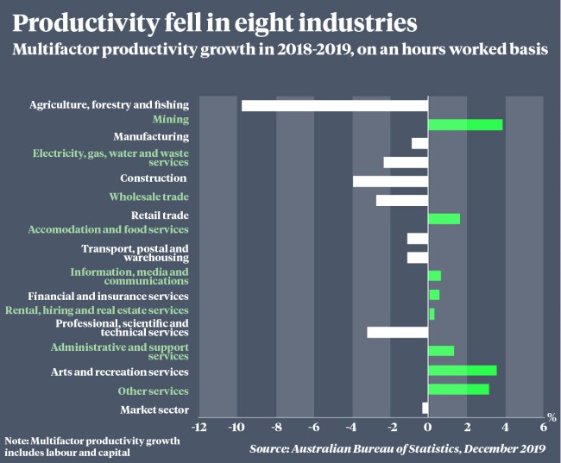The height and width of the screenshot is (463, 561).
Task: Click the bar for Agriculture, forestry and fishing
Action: coord(335,106)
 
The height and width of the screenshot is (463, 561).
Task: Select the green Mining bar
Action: coord(465,125)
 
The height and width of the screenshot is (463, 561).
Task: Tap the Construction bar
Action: coord(390,181)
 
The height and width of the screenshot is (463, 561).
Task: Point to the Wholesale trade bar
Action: coord(402,200)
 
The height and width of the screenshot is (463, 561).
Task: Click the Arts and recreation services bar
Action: coord(462,371)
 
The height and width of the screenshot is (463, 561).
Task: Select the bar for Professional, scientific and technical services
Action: coord(397,332)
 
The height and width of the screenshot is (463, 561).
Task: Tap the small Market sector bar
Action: coord(425,408)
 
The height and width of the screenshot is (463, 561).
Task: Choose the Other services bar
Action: coord(458,389)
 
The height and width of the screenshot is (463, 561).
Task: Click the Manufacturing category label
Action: coord(151,137)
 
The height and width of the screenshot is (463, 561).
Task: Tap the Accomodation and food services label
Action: coord(108,230)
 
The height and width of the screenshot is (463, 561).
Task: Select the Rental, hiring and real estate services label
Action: coord(97,310)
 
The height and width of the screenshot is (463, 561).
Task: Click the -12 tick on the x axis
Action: coord(199,428)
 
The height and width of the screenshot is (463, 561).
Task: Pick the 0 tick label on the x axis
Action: coord(427,428)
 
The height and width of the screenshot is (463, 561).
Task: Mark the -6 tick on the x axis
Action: coord(314,428)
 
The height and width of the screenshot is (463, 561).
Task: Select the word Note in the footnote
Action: coord(16,441)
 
